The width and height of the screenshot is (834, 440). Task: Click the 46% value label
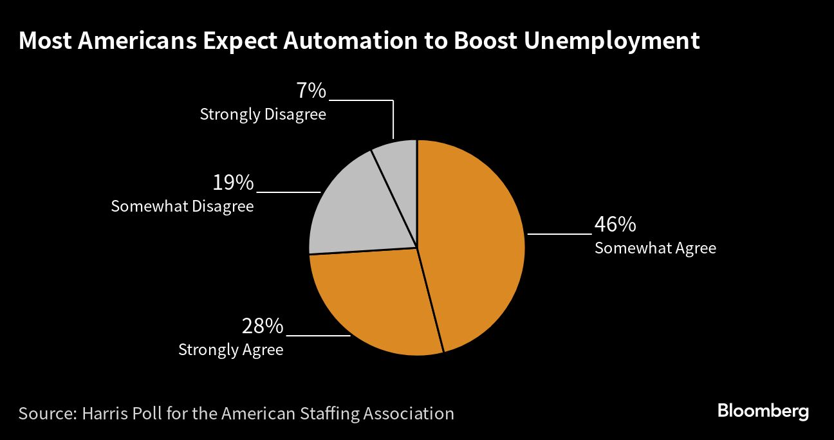point(615,225)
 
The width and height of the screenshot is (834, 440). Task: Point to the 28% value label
point(263,326)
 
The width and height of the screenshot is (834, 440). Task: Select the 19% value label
point(233,183)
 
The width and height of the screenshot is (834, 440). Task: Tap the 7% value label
point(311,91)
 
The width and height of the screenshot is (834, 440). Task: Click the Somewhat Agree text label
point(655,248)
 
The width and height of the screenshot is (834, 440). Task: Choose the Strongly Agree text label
point(230,350)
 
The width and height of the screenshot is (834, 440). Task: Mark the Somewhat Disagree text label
point(182,206)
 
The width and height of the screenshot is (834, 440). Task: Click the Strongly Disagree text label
point(263,115)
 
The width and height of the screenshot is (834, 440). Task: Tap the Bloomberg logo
point(763,411)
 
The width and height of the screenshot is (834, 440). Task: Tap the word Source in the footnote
point(45,412)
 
